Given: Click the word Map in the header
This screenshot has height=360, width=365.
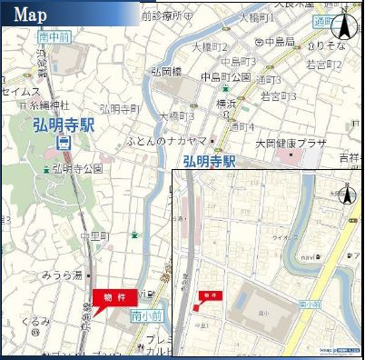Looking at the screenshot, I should [30, 14].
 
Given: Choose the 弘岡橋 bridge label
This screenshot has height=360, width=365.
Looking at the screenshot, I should [167, 71].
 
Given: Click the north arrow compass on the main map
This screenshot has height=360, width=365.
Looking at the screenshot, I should [344, 27].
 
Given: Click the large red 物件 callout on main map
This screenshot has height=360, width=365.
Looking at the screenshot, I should [115, 297].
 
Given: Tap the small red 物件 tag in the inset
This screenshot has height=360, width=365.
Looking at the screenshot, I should [211, 295].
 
